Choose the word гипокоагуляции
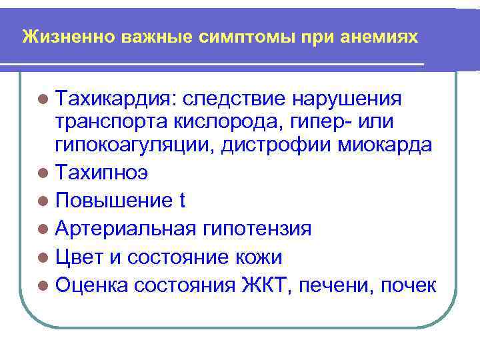[124, 145]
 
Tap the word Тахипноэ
[103, 173]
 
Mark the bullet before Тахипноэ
[43, 173]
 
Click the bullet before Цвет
[43, 258]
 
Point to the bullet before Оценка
[43, 286]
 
